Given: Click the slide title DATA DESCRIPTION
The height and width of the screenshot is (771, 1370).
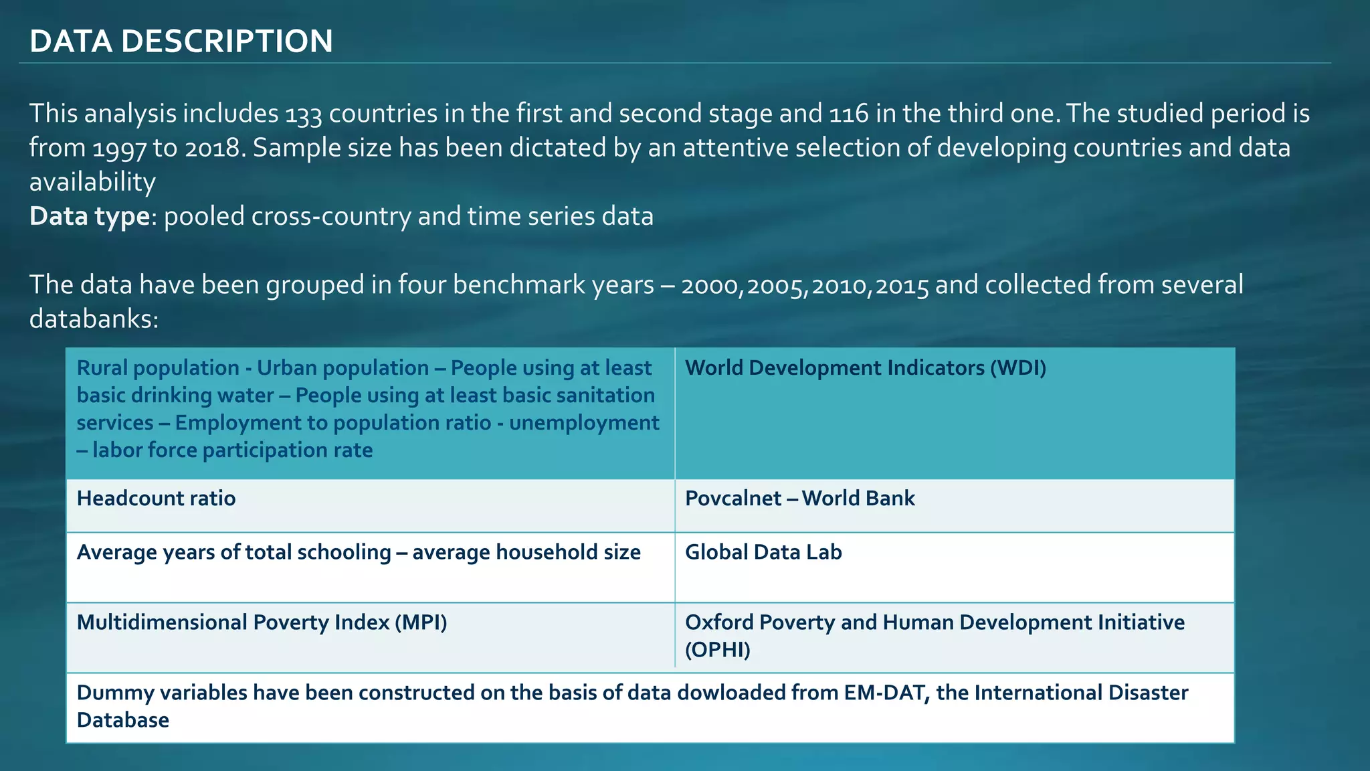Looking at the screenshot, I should [181, 41].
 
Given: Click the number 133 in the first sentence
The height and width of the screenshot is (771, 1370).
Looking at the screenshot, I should [304, 114].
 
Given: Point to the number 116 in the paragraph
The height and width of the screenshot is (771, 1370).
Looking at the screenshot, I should [849, 114].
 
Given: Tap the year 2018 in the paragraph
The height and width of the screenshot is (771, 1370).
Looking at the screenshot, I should [212, 149].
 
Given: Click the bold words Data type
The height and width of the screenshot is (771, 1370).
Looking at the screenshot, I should [90, 217].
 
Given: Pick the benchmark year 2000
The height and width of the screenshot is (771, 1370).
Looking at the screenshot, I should [710, 286].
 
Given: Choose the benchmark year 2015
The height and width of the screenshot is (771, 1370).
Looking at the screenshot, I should [902, 286].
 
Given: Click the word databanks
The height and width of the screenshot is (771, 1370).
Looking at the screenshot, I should [94, 319].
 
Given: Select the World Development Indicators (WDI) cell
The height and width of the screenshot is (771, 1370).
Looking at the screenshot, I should [866, 368].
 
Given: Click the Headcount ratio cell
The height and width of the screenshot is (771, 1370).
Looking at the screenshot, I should [157, 499].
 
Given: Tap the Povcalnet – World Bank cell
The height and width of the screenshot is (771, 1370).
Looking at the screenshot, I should [800, 499].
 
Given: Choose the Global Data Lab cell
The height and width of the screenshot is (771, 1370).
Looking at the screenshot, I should [763, 552].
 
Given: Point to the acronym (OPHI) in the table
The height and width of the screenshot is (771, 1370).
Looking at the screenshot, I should [718, 650].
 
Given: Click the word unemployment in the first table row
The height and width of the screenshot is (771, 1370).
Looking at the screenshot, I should [584, 423].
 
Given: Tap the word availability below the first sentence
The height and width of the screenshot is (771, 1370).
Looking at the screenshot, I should [92, 183].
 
